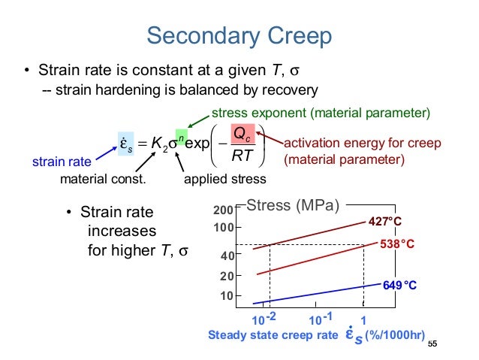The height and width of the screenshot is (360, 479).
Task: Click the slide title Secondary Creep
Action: pos(239,35)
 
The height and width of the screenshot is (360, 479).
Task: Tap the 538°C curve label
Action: pos(398,244)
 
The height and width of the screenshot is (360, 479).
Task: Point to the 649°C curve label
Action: pos(399,286)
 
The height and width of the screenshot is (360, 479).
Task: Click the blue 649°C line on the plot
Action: pos(315,294)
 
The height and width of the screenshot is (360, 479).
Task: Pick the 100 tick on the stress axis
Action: pos(226,226)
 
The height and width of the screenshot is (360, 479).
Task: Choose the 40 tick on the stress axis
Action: pos(228,256)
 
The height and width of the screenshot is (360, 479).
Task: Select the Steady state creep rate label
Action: pos(273,335)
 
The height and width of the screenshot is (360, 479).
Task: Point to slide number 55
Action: pos(432,344)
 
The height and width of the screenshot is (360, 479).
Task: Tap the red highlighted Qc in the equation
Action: pos(245,132)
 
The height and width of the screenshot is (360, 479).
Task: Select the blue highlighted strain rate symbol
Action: pos(125,142)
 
